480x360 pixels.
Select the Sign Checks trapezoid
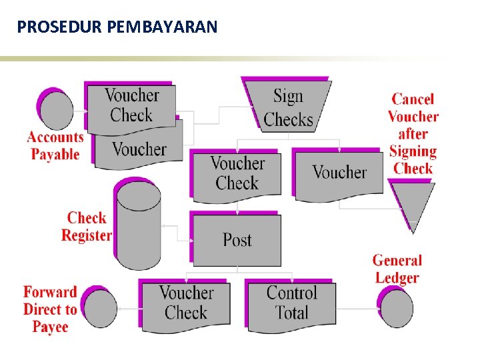coord(288,107)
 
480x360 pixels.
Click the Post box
coord(237,240)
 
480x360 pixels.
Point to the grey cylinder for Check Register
coord(139,225)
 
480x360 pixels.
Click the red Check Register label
coord(87,227)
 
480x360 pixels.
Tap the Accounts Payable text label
coord(55,146)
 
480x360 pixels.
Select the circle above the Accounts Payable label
coord(57,110)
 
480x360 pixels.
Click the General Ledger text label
coord(397,269)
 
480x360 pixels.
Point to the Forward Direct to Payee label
coord(50,309)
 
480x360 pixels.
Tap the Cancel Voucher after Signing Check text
coord(413,133)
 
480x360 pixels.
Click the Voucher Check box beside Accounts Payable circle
coord(132,106)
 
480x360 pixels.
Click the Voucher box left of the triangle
coord(339,173)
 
